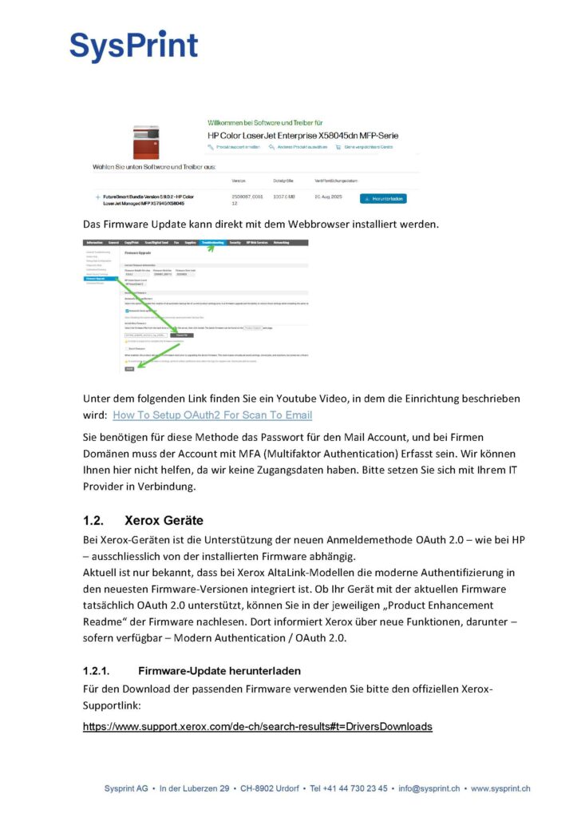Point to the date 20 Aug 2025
(330, 196)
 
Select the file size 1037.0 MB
(285, 196)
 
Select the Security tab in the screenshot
(235, 241)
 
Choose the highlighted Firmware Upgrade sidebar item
(101, 279)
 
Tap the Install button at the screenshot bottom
(129, 369)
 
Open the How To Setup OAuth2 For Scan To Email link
(212, 415)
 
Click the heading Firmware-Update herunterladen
(219, 670)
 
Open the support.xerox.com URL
(258, 726)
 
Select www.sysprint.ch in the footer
(500, 788)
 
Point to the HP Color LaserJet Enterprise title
(302, 135)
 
